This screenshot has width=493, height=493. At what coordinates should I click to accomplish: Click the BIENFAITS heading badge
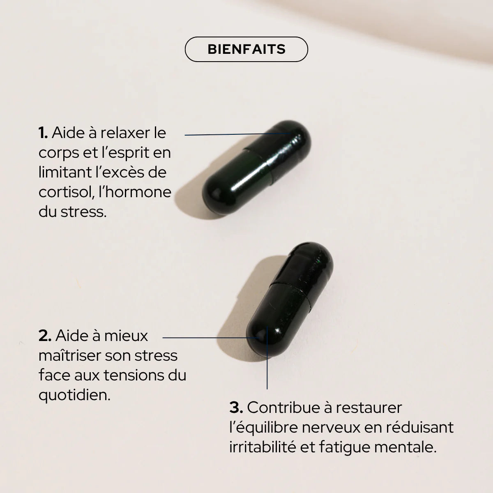coord(246,49)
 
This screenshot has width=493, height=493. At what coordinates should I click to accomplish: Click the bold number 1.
coord(43,133)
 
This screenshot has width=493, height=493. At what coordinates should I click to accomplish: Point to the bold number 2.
coord(45,336)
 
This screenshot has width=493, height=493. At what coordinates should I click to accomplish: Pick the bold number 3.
coord(236,408)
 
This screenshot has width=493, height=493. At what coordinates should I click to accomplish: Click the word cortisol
coord(66,192)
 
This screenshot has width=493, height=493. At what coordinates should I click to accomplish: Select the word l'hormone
coord(135,192)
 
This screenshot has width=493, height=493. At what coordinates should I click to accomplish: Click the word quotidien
coord(74,395)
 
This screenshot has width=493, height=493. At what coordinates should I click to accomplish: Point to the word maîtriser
coord(69,355)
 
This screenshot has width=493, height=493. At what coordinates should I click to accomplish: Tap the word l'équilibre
coord(263,427)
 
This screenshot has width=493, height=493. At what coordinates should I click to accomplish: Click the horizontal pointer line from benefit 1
coord(230,134)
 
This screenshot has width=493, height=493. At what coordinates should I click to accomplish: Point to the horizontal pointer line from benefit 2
coord(205,338)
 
